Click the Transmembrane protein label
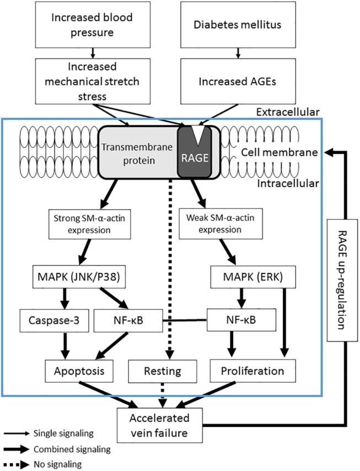coord(137,152)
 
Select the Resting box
coord(162,368)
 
